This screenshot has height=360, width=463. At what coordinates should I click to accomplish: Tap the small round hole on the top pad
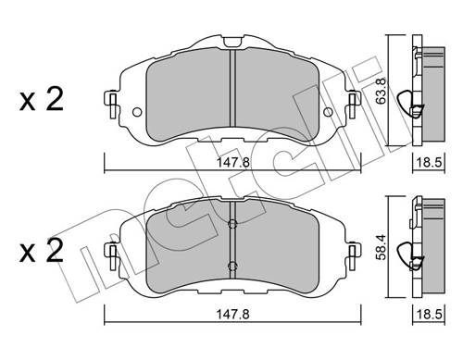coord(137,114)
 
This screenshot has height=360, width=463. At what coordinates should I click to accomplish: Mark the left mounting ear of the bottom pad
coord(112,251)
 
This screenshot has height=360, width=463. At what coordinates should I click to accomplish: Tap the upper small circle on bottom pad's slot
coord(233,223)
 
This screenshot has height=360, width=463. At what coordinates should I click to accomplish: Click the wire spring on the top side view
coord(407,105)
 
